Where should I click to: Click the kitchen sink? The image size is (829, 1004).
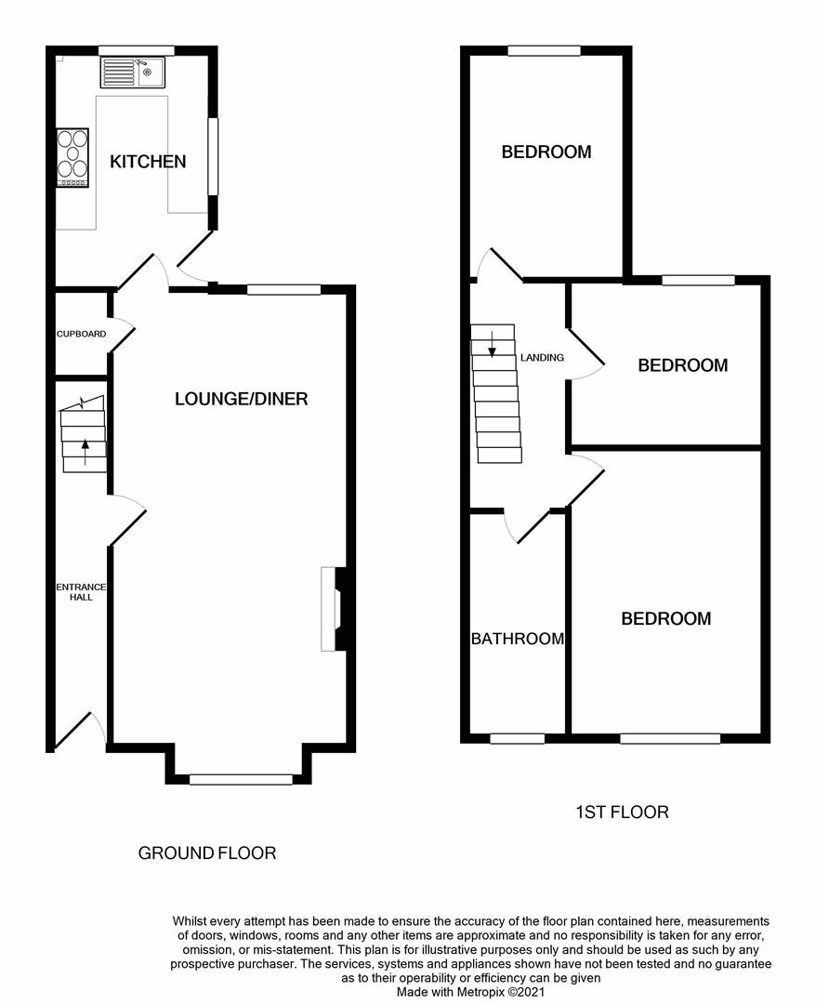tap(132, 72)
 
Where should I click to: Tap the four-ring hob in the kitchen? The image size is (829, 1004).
tap(73, 157)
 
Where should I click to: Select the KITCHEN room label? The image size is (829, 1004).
tap(148, 162)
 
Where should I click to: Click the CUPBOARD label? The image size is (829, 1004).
tap(81, 334)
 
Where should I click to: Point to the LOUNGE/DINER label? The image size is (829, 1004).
tap(241, 399)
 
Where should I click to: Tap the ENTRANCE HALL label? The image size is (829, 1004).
tap(81, 592)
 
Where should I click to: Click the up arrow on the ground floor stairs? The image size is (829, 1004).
tap(86, 450)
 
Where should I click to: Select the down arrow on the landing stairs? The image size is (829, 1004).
tap(492, 346)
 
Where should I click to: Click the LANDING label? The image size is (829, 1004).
tap(542, 357)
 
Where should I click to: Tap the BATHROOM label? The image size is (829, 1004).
tap(518, 639)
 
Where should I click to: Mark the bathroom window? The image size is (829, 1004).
tap(517, 738)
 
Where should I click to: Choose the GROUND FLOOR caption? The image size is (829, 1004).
tap(206, 852)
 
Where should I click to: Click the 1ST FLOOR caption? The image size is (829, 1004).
tap(622, 812)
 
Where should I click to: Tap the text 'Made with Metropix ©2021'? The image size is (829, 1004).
tap(469, 992)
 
